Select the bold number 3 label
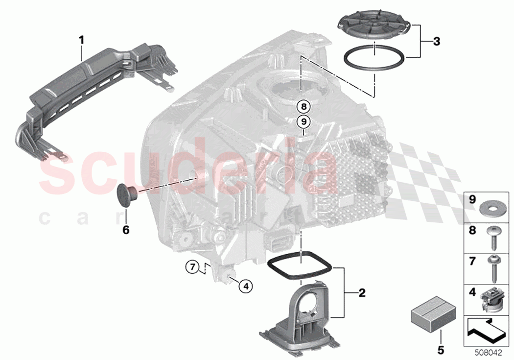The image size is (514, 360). tap(437, 42)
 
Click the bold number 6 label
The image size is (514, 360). tap(126, 229)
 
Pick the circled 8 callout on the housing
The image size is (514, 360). tap(304, 106)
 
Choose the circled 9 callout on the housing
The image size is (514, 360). tap(304, 121)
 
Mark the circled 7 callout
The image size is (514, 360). tap(192, 267)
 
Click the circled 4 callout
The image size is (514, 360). tap(246, 285)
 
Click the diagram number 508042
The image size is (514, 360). tap(488, 352)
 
